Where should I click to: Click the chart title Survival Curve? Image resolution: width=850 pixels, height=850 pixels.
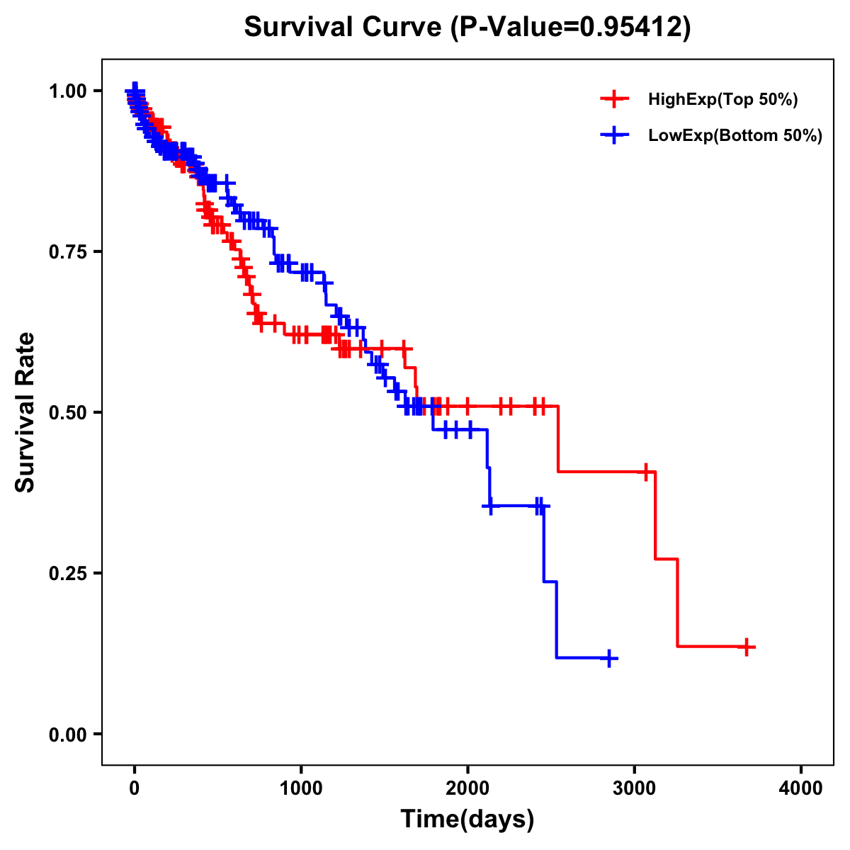(467, 27)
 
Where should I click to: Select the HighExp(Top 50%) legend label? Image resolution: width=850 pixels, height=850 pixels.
(723, 100)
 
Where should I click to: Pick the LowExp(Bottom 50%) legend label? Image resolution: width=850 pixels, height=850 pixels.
(735, 136)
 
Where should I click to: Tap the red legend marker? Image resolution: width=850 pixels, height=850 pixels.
(614, 100)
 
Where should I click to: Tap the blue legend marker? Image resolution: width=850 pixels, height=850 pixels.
(614, 136)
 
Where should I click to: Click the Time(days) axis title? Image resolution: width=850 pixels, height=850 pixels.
(467, 820)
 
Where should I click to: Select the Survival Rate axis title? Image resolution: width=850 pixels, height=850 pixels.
(25, 412)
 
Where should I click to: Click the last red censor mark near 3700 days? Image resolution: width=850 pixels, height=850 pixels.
(747, 647)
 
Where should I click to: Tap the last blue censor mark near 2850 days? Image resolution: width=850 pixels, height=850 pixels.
(608, 658)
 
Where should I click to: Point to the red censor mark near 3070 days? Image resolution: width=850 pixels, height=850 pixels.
(645, 472)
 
